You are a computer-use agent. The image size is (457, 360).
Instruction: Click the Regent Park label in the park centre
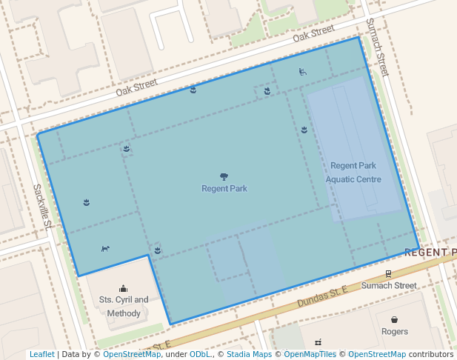224,189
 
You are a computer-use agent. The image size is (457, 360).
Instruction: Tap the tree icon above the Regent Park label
224,176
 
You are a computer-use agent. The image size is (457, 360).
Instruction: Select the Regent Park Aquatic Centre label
353,173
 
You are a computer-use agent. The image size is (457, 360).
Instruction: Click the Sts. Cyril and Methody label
123,307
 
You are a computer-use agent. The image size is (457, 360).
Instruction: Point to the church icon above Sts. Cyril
123,288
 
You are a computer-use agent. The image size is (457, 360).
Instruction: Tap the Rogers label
394,332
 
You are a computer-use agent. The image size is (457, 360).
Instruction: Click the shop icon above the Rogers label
394,319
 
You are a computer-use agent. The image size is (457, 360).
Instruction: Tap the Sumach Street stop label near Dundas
389,285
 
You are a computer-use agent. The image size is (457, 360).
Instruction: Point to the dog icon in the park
105,248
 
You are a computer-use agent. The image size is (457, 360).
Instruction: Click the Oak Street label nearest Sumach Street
313,35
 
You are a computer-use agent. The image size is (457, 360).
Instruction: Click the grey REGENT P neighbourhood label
430,253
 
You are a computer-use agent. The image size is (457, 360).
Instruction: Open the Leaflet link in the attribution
42,355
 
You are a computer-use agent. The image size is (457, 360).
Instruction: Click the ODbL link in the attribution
200,355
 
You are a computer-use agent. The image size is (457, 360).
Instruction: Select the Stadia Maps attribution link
249,355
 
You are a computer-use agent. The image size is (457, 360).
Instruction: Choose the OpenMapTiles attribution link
310,355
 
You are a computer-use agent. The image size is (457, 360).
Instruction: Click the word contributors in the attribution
430,355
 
